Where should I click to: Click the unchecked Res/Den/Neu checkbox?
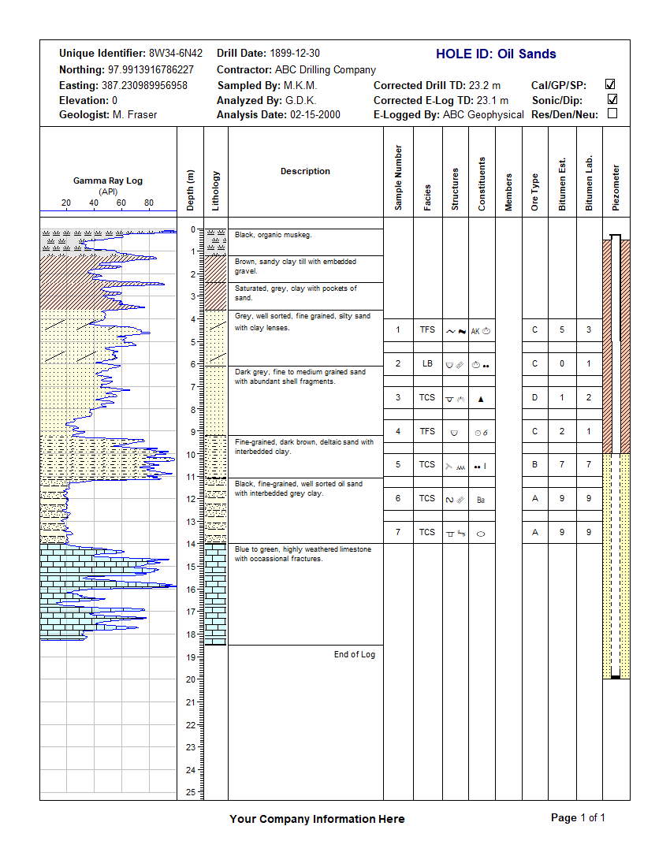(612, 114)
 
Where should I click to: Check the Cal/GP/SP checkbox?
(610, 84)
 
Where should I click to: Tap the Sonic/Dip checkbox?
(612, 100)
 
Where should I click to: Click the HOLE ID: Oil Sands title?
(496, 54)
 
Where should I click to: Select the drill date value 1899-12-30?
(295, 54)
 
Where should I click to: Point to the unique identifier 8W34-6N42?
(175, 54)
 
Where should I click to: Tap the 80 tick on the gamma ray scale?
(149, 203)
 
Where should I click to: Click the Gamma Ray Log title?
(108, 180)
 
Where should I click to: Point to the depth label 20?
(190, 679)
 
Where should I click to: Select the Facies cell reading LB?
(427, 363)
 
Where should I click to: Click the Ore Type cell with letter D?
(535, 397)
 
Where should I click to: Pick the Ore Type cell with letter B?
(535, 464)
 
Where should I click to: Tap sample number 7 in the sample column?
(398, 532)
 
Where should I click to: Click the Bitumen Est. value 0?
(562, 363)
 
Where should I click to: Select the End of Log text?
(355, 654)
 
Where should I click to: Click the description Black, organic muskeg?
(274, 235)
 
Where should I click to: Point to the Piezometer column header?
(616, 188)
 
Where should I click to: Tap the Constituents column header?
(482, 184)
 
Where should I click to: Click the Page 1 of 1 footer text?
(578, 818)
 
